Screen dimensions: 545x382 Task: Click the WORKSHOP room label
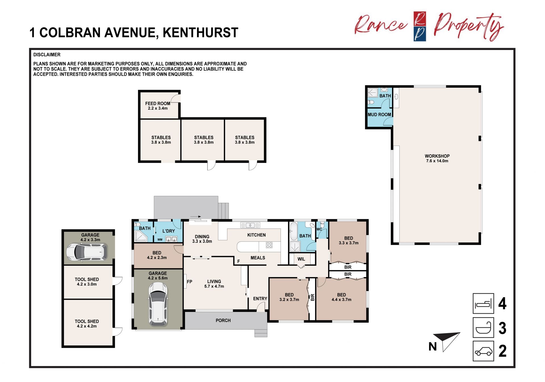(437, 156)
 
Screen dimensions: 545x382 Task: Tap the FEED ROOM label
(158, 103)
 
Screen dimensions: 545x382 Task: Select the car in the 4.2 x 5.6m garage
(158, 304)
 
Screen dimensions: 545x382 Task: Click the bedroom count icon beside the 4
(483, 304)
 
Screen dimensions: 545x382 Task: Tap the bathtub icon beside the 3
(483, 327)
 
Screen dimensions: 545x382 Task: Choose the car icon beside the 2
(483, 351)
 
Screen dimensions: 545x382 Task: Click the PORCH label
(223, 320)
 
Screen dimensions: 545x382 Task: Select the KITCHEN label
(257, 235)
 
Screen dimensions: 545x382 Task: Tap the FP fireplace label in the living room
(190, 282)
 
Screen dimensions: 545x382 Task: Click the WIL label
(301, 259)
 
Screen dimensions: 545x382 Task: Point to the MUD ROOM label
(379, 115)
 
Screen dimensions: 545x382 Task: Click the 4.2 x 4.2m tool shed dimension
(87, 326)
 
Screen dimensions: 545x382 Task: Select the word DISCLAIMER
(47, 55)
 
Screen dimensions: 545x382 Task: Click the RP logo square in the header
(420, 26)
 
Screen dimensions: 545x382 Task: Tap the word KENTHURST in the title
(200, 32)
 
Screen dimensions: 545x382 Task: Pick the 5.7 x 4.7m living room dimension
(214, 286)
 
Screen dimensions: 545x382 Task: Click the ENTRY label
(260, 298)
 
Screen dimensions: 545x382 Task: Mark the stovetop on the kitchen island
(269, 245)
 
